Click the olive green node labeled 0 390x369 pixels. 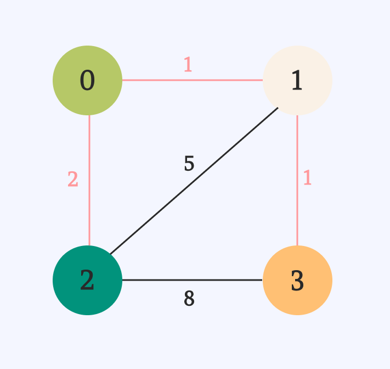[87, 80]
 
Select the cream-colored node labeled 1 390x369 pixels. [297, 80]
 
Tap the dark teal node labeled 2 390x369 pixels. [87, 280]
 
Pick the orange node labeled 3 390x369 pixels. [297, 280]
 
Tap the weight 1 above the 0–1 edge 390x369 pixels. [188, 65]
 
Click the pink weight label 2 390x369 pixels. [73, 180]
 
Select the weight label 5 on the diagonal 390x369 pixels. [189, 164]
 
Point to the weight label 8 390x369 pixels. [189, 298]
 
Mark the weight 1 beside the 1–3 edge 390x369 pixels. [307, 178]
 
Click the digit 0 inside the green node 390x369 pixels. [87, 81]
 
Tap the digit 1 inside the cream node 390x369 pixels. [297, 81]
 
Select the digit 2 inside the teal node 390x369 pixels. [87, 281]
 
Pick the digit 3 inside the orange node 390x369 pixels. [297, 281]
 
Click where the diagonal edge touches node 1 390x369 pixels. [278, 108]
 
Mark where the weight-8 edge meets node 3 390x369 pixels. [263, 280]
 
